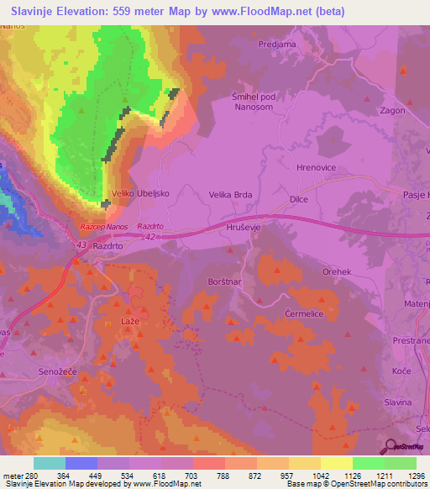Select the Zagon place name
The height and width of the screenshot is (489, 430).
(393, 110)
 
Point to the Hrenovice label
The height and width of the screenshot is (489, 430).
(317, 168)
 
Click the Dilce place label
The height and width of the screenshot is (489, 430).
(298, 199)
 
